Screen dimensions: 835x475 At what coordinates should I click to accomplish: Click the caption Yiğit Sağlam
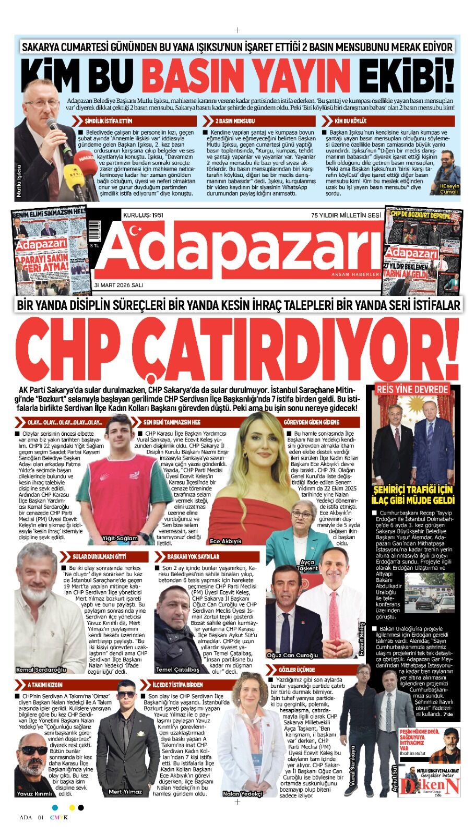coord(120,538)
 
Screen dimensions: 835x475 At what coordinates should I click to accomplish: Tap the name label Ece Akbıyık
coord(225,541)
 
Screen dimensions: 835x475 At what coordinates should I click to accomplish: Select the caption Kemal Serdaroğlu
coord(41,670)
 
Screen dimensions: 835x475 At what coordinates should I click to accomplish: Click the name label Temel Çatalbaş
coord(177,670)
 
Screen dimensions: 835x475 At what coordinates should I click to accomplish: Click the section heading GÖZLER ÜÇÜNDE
coord(296,670)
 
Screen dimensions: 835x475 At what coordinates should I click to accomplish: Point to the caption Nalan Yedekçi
coord(242,793)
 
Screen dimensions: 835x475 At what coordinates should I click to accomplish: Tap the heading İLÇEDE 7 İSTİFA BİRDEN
coord(177,684)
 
